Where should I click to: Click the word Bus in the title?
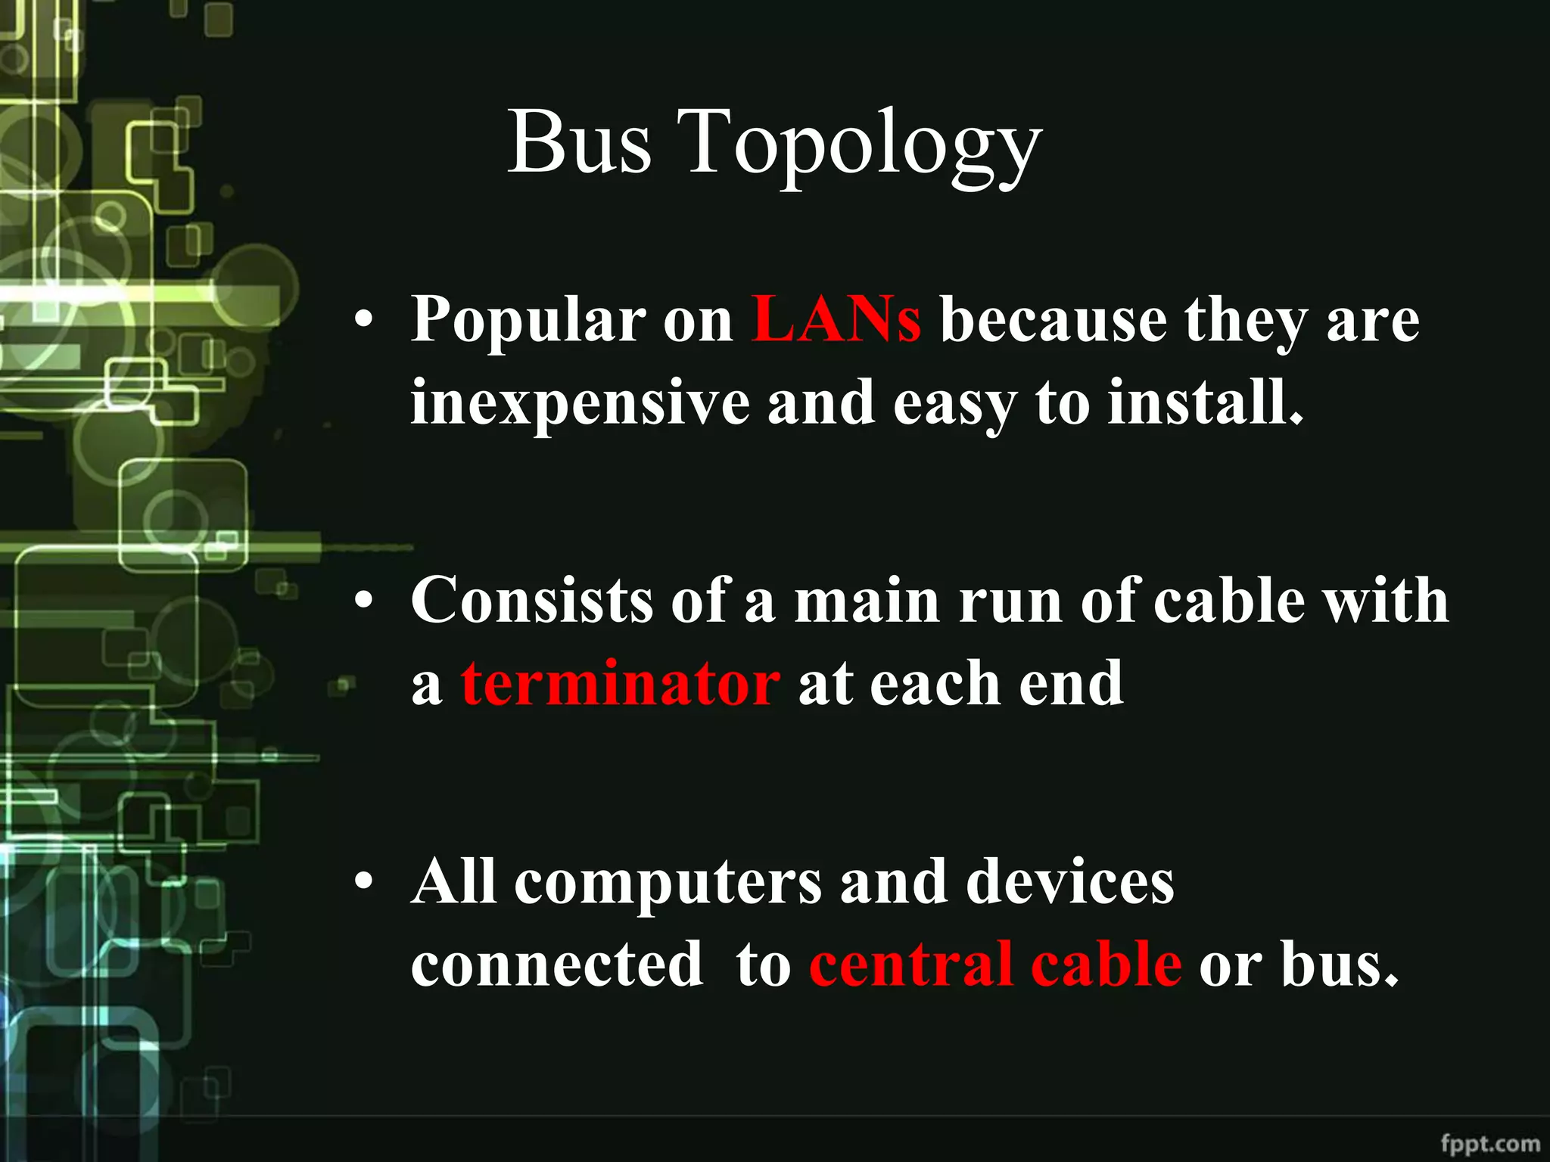pyautogui.click(x=579, y=142)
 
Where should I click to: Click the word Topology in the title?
pyautogui.click(x=859, y=148)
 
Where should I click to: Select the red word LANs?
pyautogui.click(x=836, y=320)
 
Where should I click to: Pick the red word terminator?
pyautogui.click(x=621, y=683)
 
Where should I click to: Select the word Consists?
pyautogui.click(x=532, y=601)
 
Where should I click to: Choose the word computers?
pyautogui.click(x=668, y=883)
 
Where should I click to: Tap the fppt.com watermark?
pyautogui.click(x=1489, y=1143)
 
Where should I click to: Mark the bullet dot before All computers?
pyautogui.click(x=364, y=882)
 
